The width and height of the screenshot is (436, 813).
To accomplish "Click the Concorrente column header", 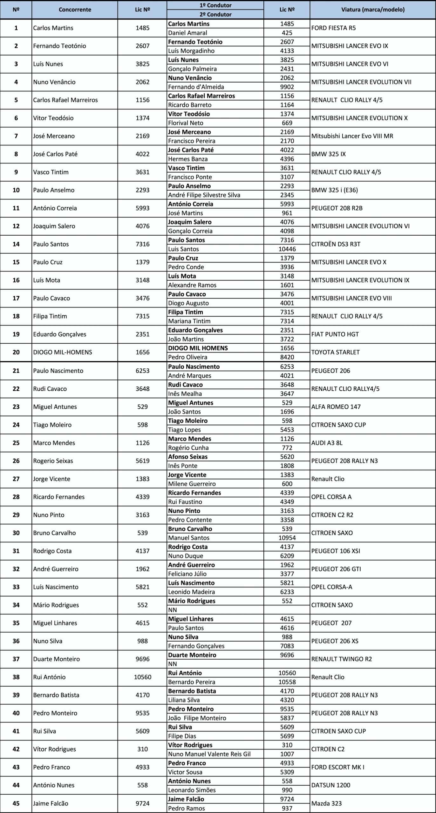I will click(x=75, y=10).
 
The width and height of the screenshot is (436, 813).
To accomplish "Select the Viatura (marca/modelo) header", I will click(x=373, y=10).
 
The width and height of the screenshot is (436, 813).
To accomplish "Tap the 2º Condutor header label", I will click(x=215, y=14).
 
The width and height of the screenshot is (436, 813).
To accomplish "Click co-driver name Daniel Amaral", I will click(x=187, y=33).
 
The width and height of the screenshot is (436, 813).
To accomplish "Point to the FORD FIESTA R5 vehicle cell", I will click(x=333, y=28).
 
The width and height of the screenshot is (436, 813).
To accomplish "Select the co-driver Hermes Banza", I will click(x=188, y=159).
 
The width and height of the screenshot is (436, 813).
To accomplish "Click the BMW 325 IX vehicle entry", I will click(x=328, y=154).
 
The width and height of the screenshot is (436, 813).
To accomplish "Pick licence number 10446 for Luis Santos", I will click(x=287, y=249).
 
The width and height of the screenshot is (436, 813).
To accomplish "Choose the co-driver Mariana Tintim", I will click(x=189, y=321).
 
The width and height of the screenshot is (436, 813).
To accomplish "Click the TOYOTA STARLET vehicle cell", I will click(x=335, y=352).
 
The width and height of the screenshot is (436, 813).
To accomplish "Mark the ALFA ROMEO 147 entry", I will click(x=336, y=407).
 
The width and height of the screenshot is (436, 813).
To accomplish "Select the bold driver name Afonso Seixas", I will click(x=188, y=457).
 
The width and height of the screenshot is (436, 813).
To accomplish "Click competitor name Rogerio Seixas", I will click(x=53, y=461).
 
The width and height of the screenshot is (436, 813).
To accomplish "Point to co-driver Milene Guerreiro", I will click(x=192, y=484).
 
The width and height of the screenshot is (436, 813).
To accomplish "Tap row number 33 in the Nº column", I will click(x=16, y=587).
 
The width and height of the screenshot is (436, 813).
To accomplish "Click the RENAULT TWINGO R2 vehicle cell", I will click(x=341, y=659).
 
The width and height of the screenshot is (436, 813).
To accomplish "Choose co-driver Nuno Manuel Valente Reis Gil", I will click(x=209, y=754).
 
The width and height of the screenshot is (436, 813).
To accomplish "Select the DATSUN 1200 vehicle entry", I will click(x=330, y=785).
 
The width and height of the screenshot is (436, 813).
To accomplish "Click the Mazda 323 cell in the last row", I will click(x=326, y=803).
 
